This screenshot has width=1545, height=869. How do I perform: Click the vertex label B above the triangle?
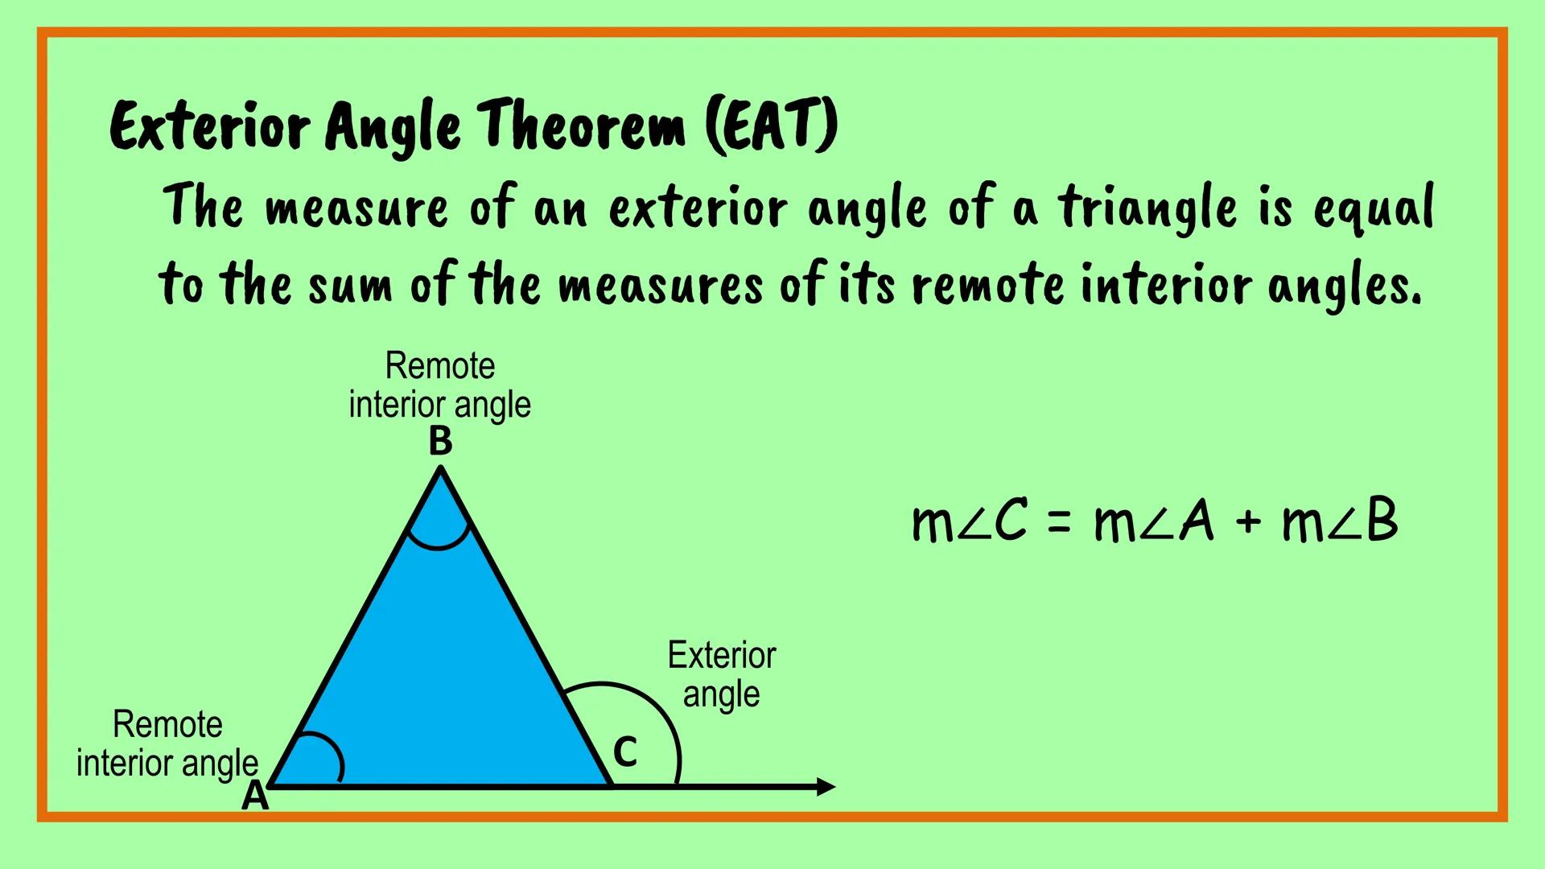click(x=440, y=442)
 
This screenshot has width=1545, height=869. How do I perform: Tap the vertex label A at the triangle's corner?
click(x=255, y=797)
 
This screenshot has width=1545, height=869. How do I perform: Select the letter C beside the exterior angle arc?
click(x=625, y=753)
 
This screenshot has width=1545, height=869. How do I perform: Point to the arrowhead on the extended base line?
click(x=826, y=786)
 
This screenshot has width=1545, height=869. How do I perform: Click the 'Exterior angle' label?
click(x=722, y=674)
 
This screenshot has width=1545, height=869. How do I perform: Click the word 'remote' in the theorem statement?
click(x=988, y=286)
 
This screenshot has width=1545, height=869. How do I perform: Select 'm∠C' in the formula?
click(x=970, y=521)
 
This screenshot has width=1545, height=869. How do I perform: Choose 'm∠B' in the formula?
click(x=1340, y=521)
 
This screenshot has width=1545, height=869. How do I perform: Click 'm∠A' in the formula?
click(x=1154, y=521)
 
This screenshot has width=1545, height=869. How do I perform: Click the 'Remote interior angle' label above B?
click(x=440, y=385)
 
